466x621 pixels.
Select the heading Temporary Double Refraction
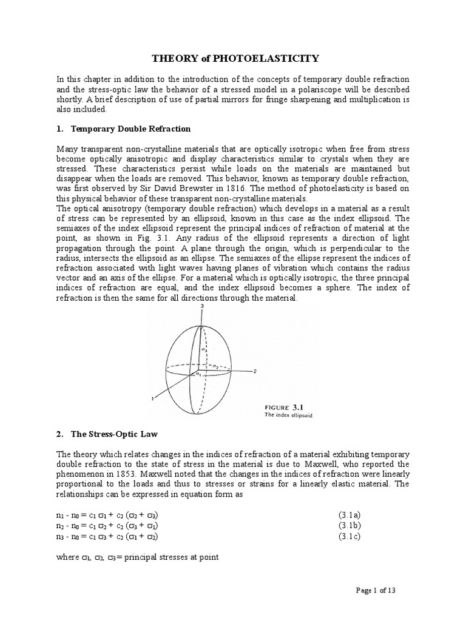coord(130,129)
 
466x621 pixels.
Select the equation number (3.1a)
coord(351,515)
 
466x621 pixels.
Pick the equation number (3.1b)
coord(351,526)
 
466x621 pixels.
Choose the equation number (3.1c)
coord(351,537)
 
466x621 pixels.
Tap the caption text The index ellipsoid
coord(285,415)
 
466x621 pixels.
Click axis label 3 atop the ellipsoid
coord(201,308)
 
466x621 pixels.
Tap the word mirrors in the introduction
coord(254,99)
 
